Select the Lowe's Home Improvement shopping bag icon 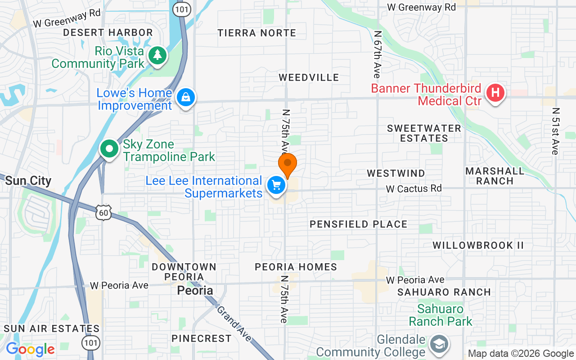point(185,97)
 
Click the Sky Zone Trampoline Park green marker point(109,148)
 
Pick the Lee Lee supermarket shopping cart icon point(276,185)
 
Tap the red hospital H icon point(495,93)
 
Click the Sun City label point(28,181)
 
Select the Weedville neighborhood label point(309,77)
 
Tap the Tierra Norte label point(257,33)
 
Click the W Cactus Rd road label point(414,189)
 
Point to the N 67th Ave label point(378,54)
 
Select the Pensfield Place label point(359,224)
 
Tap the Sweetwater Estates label point(424,133)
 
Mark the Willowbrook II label point(478,245)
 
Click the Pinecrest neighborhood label point(202,338)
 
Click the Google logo point(30,349)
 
